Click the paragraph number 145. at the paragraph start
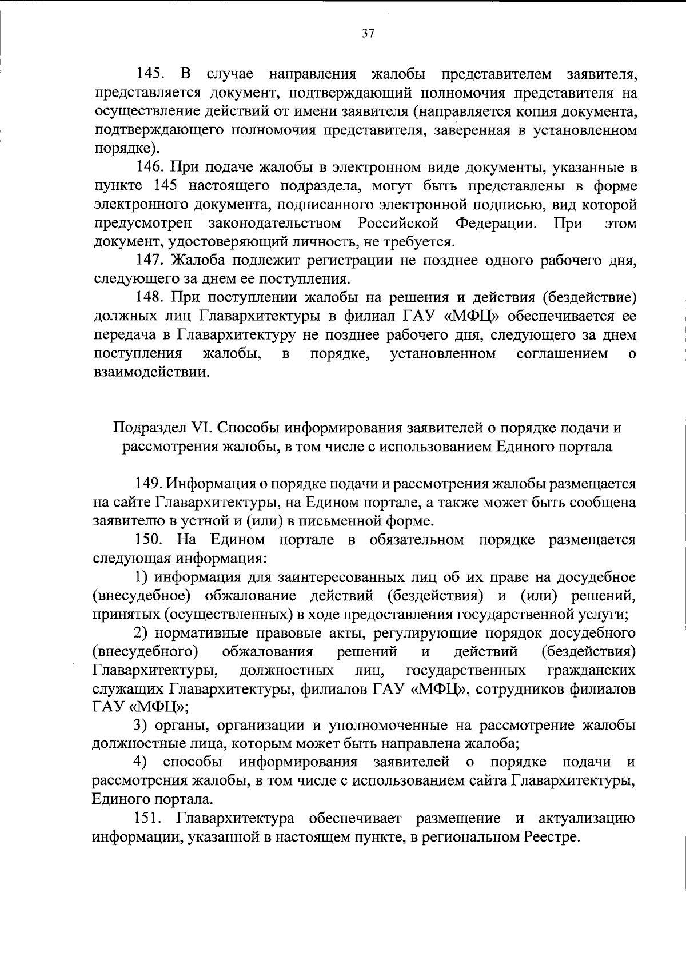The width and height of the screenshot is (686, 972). pos(150,74)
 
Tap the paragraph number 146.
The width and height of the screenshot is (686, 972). pos(150,168)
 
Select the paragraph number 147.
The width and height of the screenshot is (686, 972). pos(150,261)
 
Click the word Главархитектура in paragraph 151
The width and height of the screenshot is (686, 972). pos(236,819)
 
